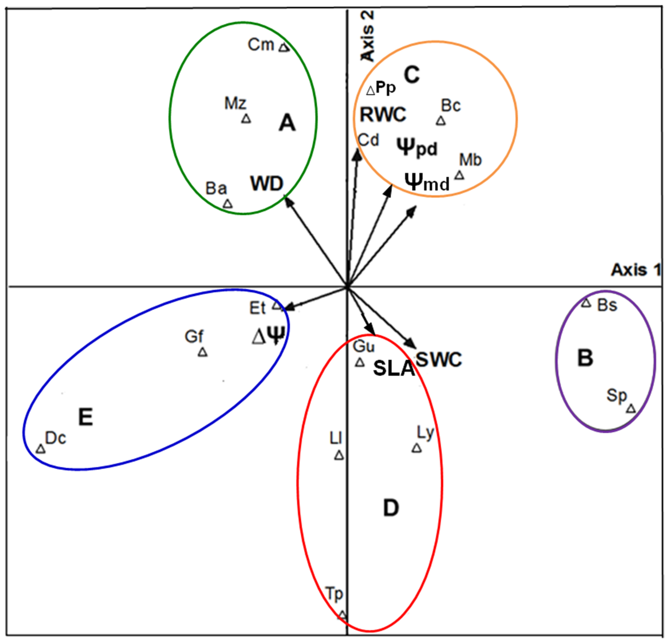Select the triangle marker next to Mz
[246, 119]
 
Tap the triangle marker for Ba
[228, 204]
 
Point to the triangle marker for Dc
[41, 449]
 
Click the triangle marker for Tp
[343, 615]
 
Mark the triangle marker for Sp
[631, 408]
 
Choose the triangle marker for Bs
[586, 303]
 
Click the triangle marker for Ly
[416, 448]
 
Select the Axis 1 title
[635, 270]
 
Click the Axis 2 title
[368, 36]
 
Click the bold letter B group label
[585, 358]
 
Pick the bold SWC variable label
[439, 359]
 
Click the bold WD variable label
[267, 184]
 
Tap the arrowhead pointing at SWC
[411, 343]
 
